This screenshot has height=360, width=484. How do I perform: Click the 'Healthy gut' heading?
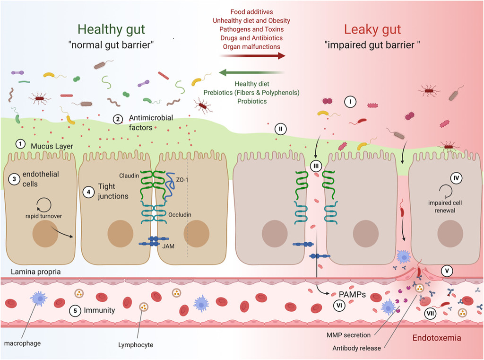111,29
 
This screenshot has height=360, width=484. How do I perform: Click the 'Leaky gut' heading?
372,29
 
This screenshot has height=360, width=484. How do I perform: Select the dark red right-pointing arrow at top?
253,56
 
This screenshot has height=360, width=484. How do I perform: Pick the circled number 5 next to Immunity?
74,310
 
